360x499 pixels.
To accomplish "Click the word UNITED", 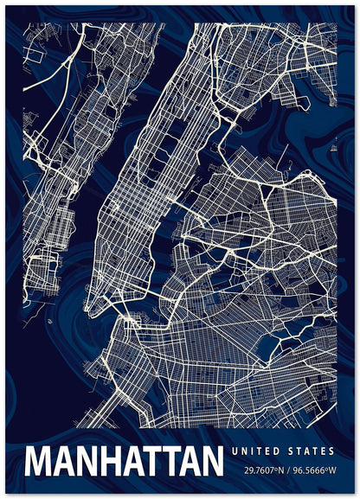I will pos(257,451).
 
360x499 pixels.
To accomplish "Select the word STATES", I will pos(311,451).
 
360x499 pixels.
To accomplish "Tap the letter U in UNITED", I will pos(235,451).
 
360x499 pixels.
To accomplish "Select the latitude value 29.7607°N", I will pos(266,470).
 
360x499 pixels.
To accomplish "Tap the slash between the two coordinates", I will pos(289,470).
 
